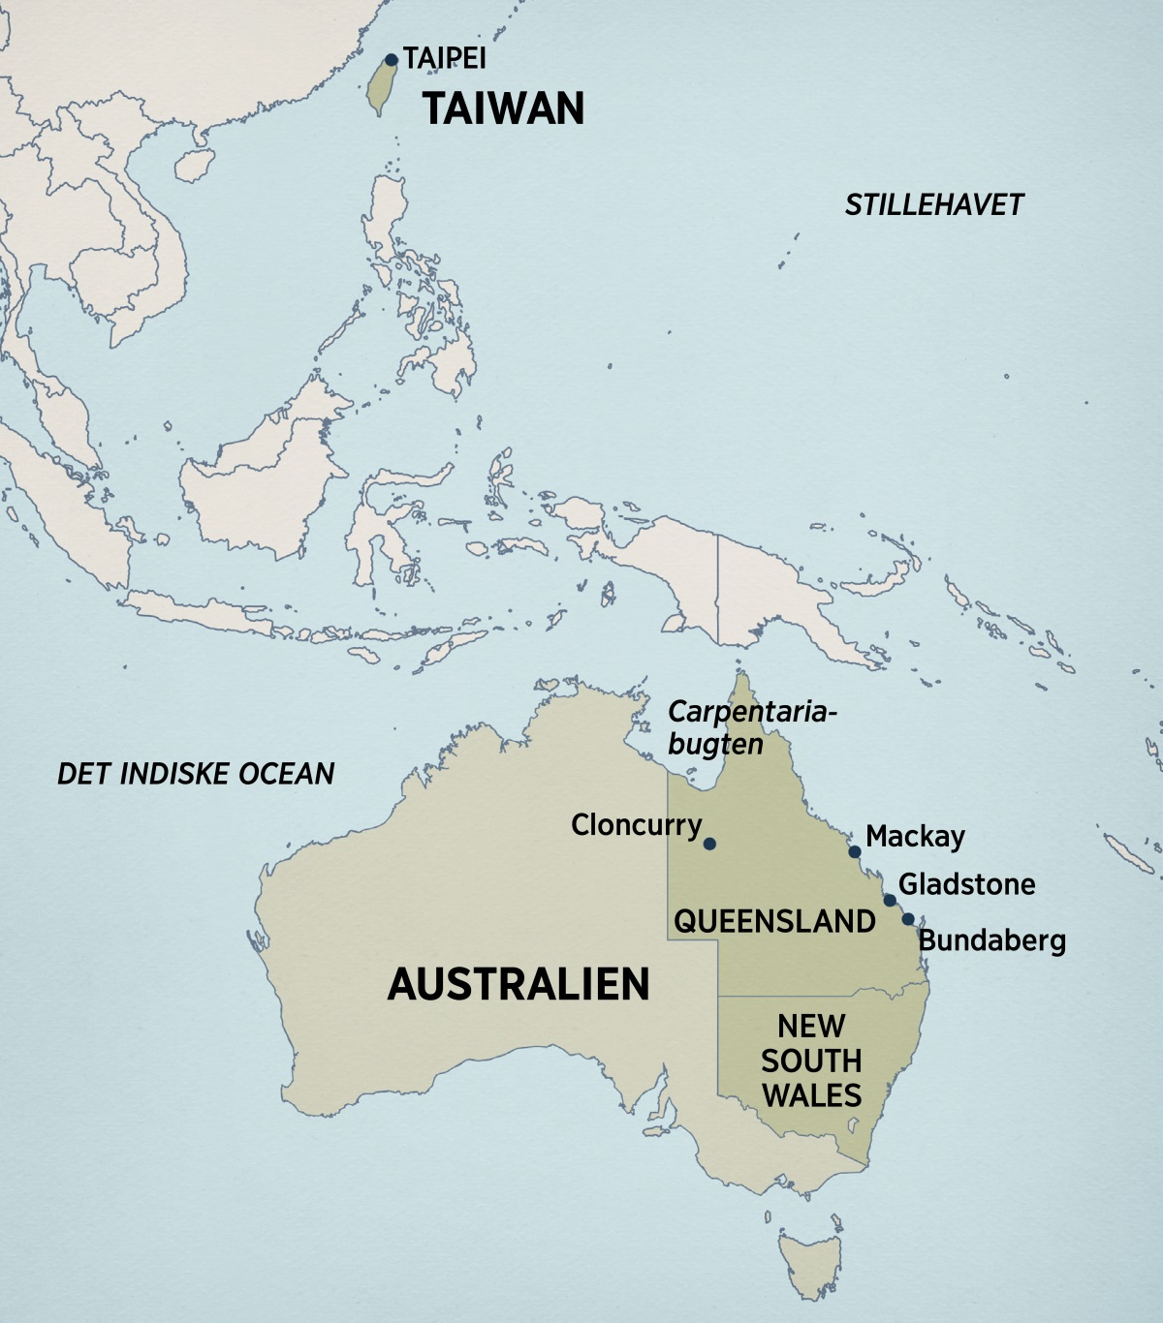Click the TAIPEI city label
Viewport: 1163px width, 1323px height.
click(445, 58)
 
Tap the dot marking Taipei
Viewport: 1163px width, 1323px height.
click(392, 60)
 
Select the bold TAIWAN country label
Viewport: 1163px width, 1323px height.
click(504, 108)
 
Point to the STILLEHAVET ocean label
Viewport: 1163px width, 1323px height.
click(934, 205)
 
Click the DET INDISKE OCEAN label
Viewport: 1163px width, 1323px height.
click(196, 773)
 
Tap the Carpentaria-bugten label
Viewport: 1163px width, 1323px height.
click(750, 727)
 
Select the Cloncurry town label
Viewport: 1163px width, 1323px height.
click(636, 825)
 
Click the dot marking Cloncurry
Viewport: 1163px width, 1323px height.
click(709, 844)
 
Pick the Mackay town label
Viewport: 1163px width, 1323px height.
click(915, 836)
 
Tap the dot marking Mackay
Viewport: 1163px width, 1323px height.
click(855, 852)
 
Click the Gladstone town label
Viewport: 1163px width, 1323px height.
click(966, 884)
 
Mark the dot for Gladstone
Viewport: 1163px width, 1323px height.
click(890, 901)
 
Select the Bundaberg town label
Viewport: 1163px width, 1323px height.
click(991, 940)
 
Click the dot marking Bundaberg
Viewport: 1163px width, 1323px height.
click(908, 919)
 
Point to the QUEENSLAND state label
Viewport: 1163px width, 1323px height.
click(774, 921)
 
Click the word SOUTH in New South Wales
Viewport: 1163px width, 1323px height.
click(811, 1061)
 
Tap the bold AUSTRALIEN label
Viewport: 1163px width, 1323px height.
click(519, 984)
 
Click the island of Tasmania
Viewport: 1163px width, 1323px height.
click(810, 1259)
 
